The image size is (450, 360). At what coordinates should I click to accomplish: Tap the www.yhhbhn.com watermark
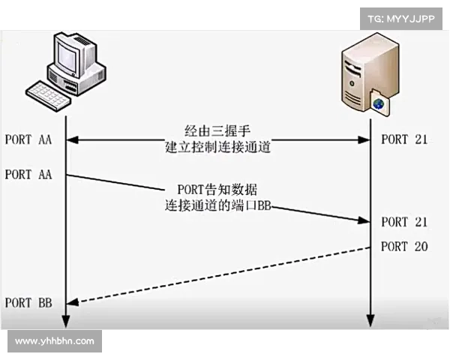click(54, 341)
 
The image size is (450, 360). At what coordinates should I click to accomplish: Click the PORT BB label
click(28, 303)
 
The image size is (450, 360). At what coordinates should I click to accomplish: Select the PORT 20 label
click(405, 246)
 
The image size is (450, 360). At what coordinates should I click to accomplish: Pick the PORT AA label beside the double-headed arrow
click(28, 139)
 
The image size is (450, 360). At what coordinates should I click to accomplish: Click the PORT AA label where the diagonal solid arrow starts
click(28, 175)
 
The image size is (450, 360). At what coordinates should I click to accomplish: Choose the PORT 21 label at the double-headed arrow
click(405, 139)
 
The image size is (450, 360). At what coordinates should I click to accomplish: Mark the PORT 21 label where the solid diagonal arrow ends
click(405, 222)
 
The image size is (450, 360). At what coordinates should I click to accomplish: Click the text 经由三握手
click(217, 130)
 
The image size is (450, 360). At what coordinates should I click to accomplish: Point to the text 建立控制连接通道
click(217, 148)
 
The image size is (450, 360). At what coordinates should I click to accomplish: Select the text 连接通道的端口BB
click(217, 205)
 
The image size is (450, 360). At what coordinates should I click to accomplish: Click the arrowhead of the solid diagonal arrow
click(364, 220)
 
